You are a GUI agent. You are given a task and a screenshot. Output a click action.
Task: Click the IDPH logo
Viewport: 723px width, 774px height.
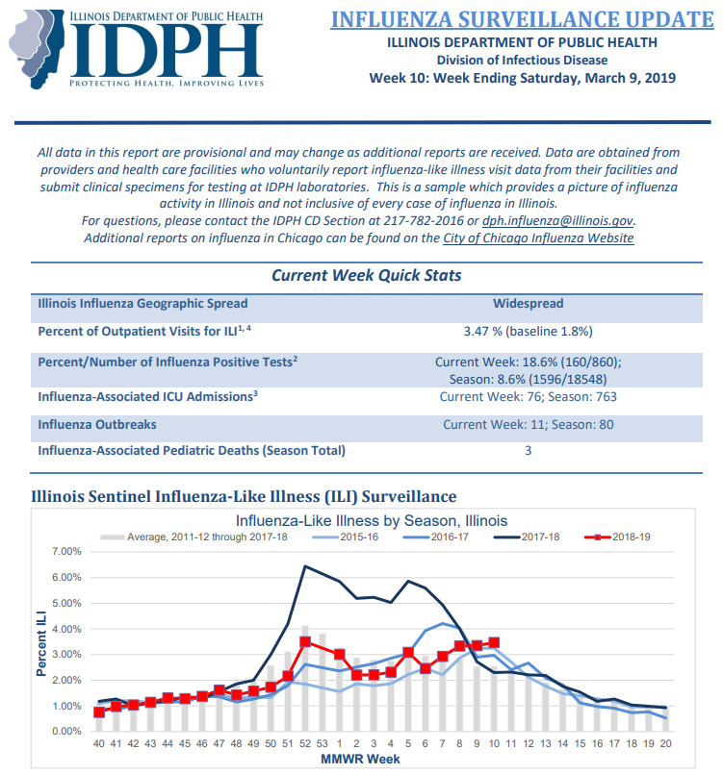(x=137, y=49)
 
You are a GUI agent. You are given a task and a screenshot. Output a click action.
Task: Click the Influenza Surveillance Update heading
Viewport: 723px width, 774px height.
(x=523, y=20)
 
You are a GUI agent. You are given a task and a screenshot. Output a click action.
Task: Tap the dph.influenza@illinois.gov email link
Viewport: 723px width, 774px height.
(x=557, y=220)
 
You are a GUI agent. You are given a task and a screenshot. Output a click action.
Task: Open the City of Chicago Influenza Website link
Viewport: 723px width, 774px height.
(x=538, y=237)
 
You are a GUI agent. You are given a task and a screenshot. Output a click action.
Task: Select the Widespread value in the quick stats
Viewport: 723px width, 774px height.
(x=528, y=303)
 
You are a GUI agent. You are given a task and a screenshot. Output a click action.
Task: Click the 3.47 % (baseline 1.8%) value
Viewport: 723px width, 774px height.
(x=528, y=331)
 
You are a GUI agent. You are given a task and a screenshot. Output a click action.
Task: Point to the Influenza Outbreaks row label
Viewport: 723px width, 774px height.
(x=97, y=425)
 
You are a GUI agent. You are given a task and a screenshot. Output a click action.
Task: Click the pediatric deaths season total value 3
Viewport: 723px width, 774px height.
(x=528, y=451)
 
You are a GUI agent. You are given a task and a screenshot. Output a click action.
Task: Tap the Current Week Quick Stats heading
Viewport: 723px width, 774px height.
(x=366, y=275)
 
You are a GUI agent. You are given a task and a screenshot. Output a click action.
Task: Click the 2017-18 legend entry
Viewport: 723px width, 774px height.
(x=527, y=537)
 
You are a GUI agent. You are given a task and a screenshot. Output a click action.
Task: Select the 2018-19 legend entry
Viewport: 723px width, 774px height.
(x=617, y=537)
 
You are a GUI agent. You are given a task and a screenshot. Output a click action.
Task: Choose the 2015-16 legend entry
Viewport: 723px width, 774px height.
(x=346, y=537)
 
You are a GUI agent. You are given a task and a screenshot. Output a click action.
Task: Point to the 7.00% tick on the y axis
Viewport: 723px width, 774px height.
(x=66, y=551)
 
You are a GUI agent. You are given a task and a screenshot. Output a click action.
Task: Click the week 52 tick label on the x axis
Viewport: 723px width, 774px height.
(x=305, y=743)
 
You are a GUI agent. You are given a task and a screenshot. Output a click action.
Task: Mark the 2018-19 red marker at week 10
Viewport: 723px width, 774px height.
(x=494, y=642)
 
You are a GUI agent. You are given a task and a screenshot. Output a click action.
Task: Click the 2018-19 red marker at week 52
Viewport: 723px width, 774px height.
(x=305, y=641)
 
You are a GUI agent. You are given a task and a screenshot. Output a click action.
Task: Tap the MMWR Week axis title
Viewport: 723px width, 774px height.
(x=360, y=760)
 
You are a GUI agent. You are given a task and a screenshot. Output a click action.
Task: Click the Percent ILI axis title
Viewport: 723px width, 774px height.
(x=41, y=643)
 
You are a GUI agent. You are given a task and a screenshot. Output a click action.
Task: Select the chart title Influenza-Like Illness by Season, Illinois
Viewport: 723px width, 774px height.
(x=372, y=521)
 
